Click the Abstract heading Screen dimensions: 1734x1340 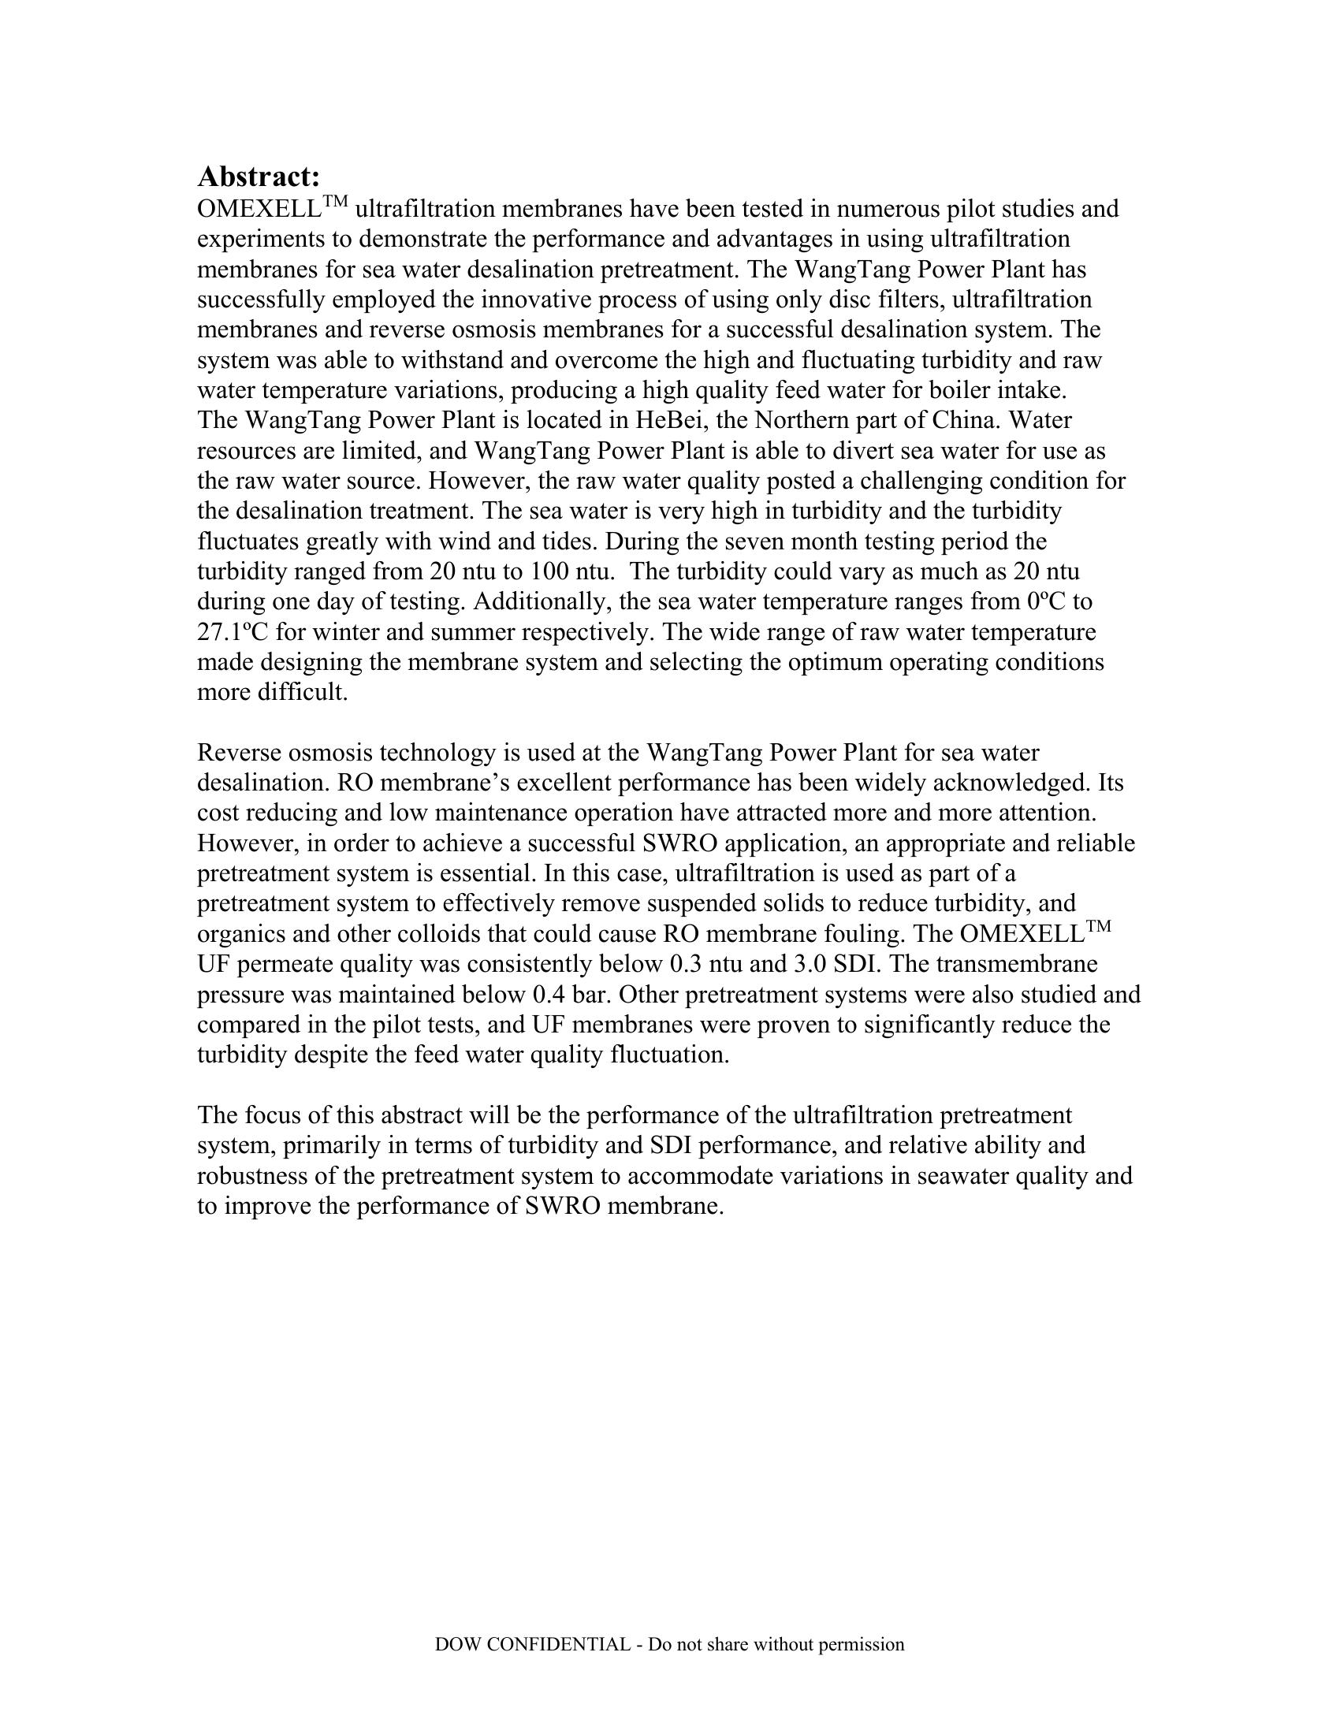click(258, 176)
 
